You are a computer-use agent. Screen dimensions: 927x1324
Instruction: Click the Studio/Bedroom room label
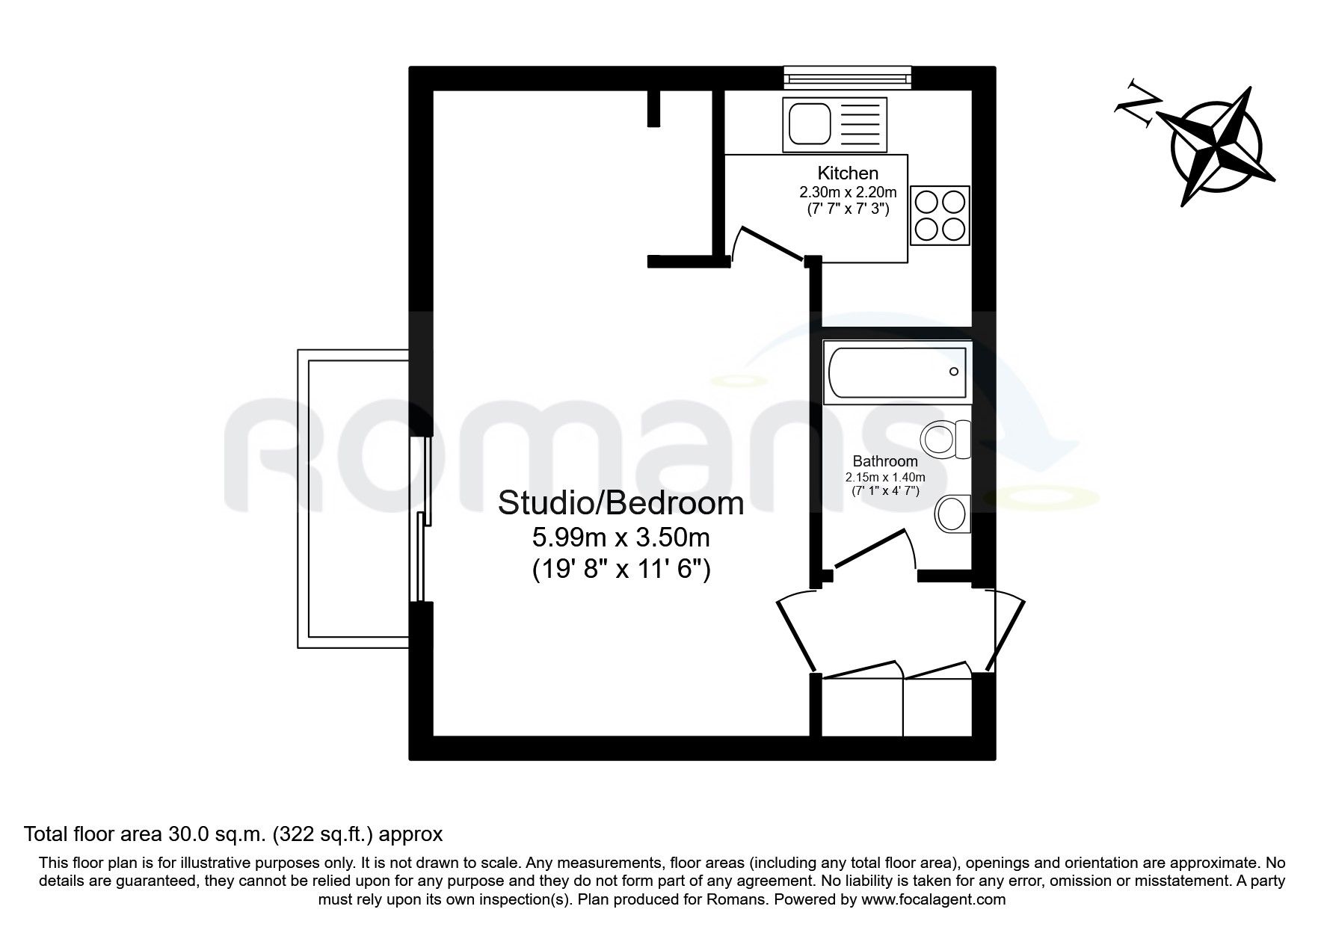point(621,503)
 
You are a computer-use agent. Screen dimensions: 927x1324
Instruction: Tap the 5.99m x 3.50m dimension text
point(621,537)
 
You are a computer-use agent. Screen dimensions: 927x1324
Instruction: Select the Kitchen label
point(847,173)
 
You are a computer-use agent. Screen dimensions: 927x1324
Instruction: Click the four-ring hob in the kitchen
point(940,215)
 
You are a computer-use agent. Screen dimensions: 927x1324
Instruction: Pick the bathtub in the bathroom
point(897,371)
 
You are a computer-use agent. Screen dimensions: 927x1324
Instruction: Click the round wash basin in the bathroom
point(952,514)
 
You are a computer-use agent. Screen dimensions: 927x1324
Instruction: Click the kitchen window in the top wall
point(847,77)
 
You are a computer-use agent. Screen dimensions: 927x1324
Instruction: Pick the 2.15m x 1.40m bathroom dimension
point(885,477)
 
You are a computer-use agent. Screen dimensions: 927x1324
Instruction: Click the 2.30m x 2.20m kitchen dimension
point(847,193)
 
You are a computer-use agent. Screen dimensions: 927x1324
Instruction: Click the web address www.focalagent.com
point(932,899)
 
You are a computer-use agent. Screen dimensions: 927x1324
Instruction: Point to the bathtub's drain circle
point(953,372)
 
